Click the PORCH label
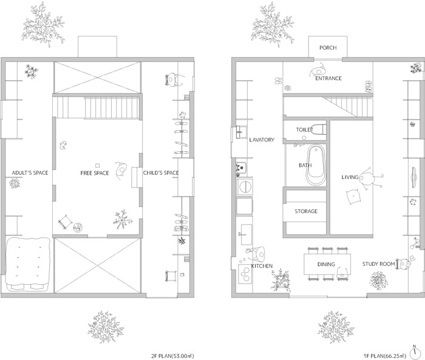tap(328, 48)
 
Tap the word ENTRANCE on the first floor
tap(328, 78)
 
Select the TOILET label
tap(304, 129)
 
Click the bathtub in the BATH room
tap(316, 165)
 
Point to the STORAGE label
tap(306, 211)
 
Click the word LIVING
tap(350, 177)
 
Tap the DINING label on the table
tap(326, 264)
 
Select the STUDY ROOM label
tap(378, 263)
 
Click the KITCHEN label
tap(262, 266)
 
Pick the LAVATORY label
tap(262, 140)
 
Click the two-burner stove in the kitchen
tap(245, 274)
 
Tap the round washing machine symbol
tap(245, 187)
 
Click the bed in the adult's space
tap(28, 265)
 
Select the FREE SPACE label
tap(95, 173)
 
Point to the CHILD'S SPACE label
tap(161, 172)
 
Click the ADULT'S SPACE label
tap(30, 172)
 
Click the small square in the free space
tap(98, 166)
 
